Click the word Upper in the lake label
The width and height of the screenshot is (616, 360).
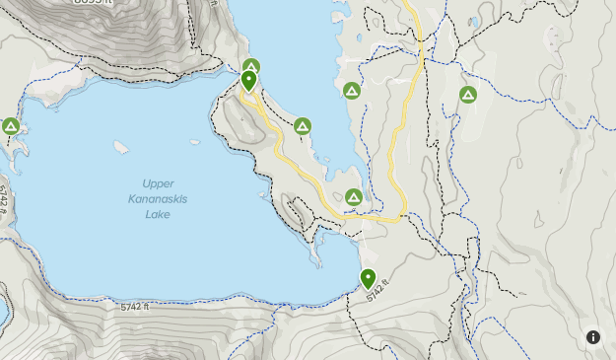click(158, 183)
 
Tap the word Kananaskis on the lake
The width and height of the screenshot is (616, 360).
click(158, 199)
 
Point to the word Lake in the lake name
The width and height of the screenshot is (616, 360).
click(158, 214)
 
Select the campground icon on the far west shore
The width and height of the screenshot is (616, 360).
click(11, 126)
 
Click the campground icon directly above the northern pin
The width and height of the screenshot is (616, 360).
click(250, 67)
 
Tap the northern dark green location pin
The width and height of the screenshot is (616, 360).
click(249, 81)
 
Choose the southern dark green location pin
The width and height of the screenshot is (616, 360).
click(368, 278)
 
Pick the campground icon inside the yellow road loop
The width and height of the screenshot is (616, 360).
click(354, 197)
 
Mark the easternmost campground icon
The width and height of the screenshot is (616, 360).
click(468, 95)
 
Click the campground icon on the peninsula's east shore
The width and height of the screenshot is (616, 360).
click(303, 126)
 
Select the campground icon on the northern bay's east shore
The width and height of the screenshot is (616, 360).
click(351, 91)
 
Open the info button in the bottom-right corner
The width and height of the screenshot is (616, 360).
click(593, 337)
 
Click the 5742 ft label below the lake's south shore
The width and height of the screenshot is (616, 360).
click(135, 308)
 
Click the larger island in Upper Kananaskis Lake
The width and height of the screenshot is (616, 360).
click(121, 148)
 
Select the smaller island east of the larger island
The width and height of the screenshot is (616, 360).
click(195, 140)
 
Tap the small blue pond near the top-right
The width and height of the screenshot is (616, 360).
click(475, 21)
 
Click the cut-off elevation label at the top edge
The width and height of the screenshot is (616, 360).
click(93, 3)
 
